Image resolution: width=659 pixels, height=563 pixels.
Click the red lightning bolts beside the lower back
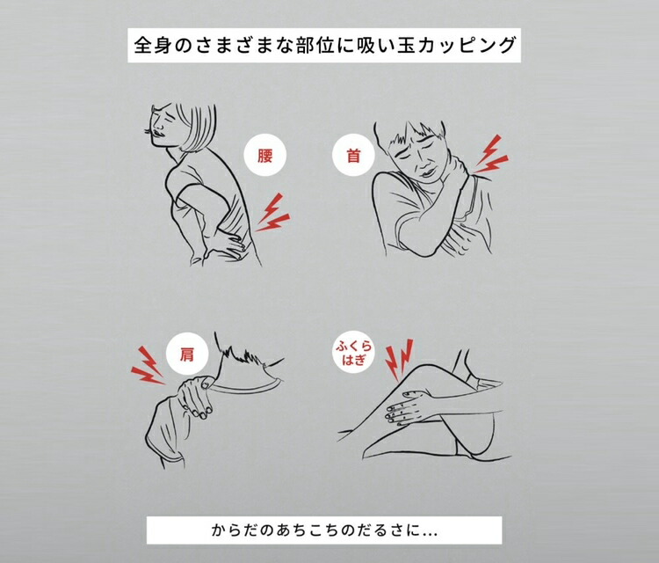pos(274,211)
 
